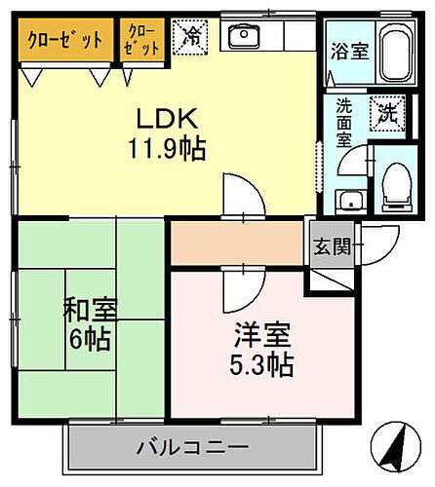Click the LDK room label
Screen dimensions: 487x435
pos(168,119)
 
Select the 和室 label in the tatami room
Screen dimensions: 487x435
pos(92,312)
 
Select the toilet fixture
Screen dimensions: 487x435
pos(399,184)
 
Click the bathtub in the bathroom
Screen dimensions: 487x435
pos(395,55)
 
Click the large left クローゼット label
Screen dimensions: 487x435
pos(66,41)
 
